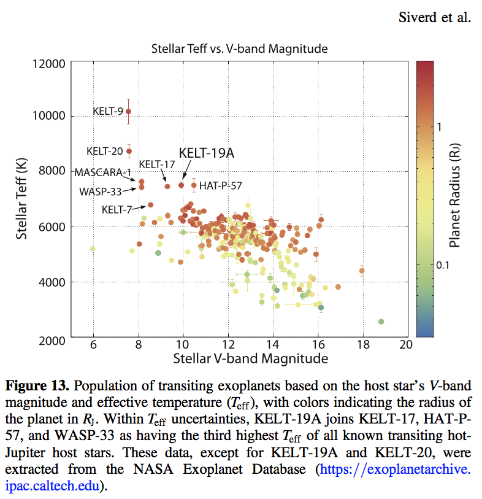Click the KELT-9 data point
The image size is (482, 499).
[129, 112]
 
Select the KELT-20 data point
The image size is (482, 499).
[129, 151]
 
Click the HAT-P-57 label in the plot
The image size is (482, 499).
[221, 185]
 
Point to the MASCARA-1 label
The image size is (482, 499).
[103, 172]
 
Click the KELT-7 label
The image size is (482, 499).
[117, 209]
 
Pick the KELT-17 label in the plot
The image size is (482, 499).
[157, 164]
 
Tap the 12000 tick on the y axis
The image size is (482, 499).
[52, 63]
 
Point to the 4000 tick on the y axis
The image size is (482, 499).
[54, 283]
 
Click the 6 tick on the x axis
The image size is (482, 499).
[93, 346]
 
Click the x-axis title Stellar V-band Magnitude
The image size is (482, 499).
[250, 358]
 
